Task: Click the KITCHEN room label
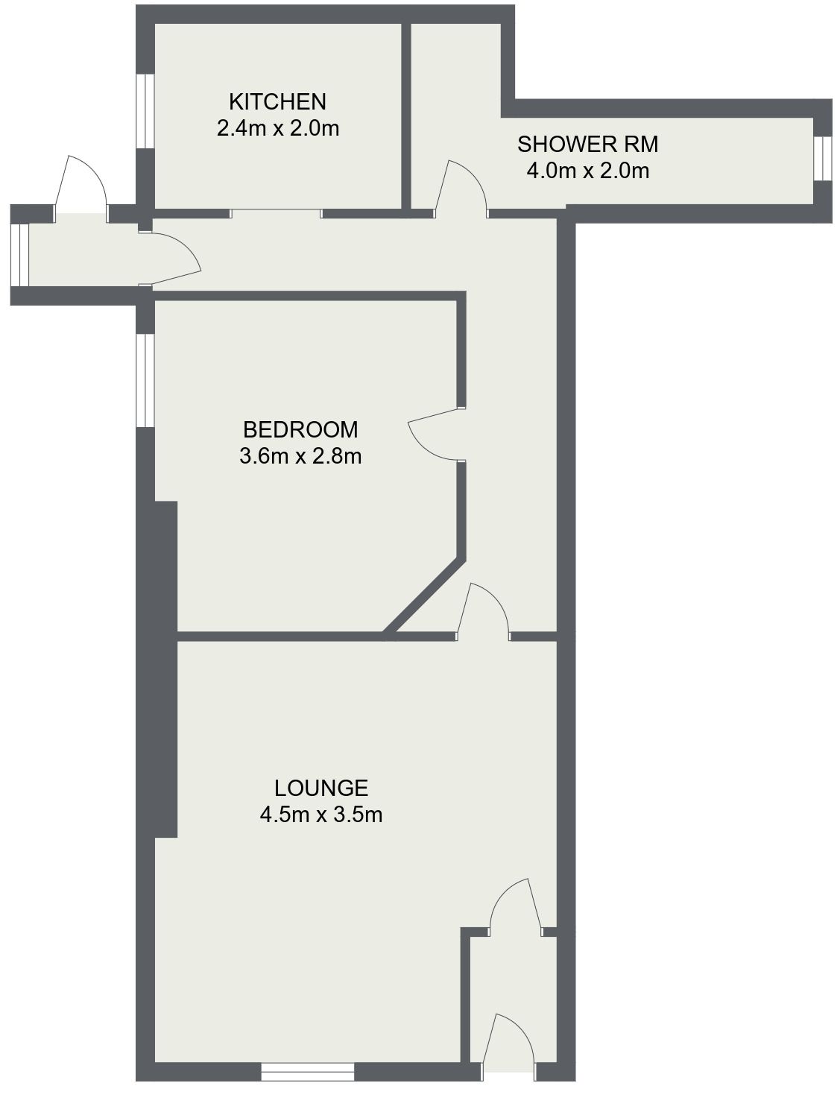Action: click(277, 101)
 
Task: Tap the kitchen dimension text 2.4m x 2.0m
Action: click(277, 128)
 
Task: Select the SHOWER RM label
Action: click(587, 144)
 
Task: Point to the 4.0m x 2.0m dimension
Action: click(587, 171)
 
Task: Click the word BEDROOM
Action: click(300, 429)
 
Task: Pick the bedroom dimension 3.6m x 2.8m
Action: click(300, 456)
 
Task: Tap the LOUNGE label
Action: click(321, 788)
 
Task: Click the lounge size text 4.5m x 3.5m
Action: click(321, 815)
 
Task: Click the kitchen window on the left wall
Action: click(145, 110)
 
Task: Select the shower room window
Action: click(822, 158)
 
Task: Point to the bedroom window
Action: click(145, 380)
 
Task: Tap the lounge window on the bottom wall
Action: click(307, 1072)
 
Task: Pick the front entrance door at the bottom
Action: click(511, 1040)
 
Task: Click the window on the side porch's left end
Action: click(20, 254)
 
